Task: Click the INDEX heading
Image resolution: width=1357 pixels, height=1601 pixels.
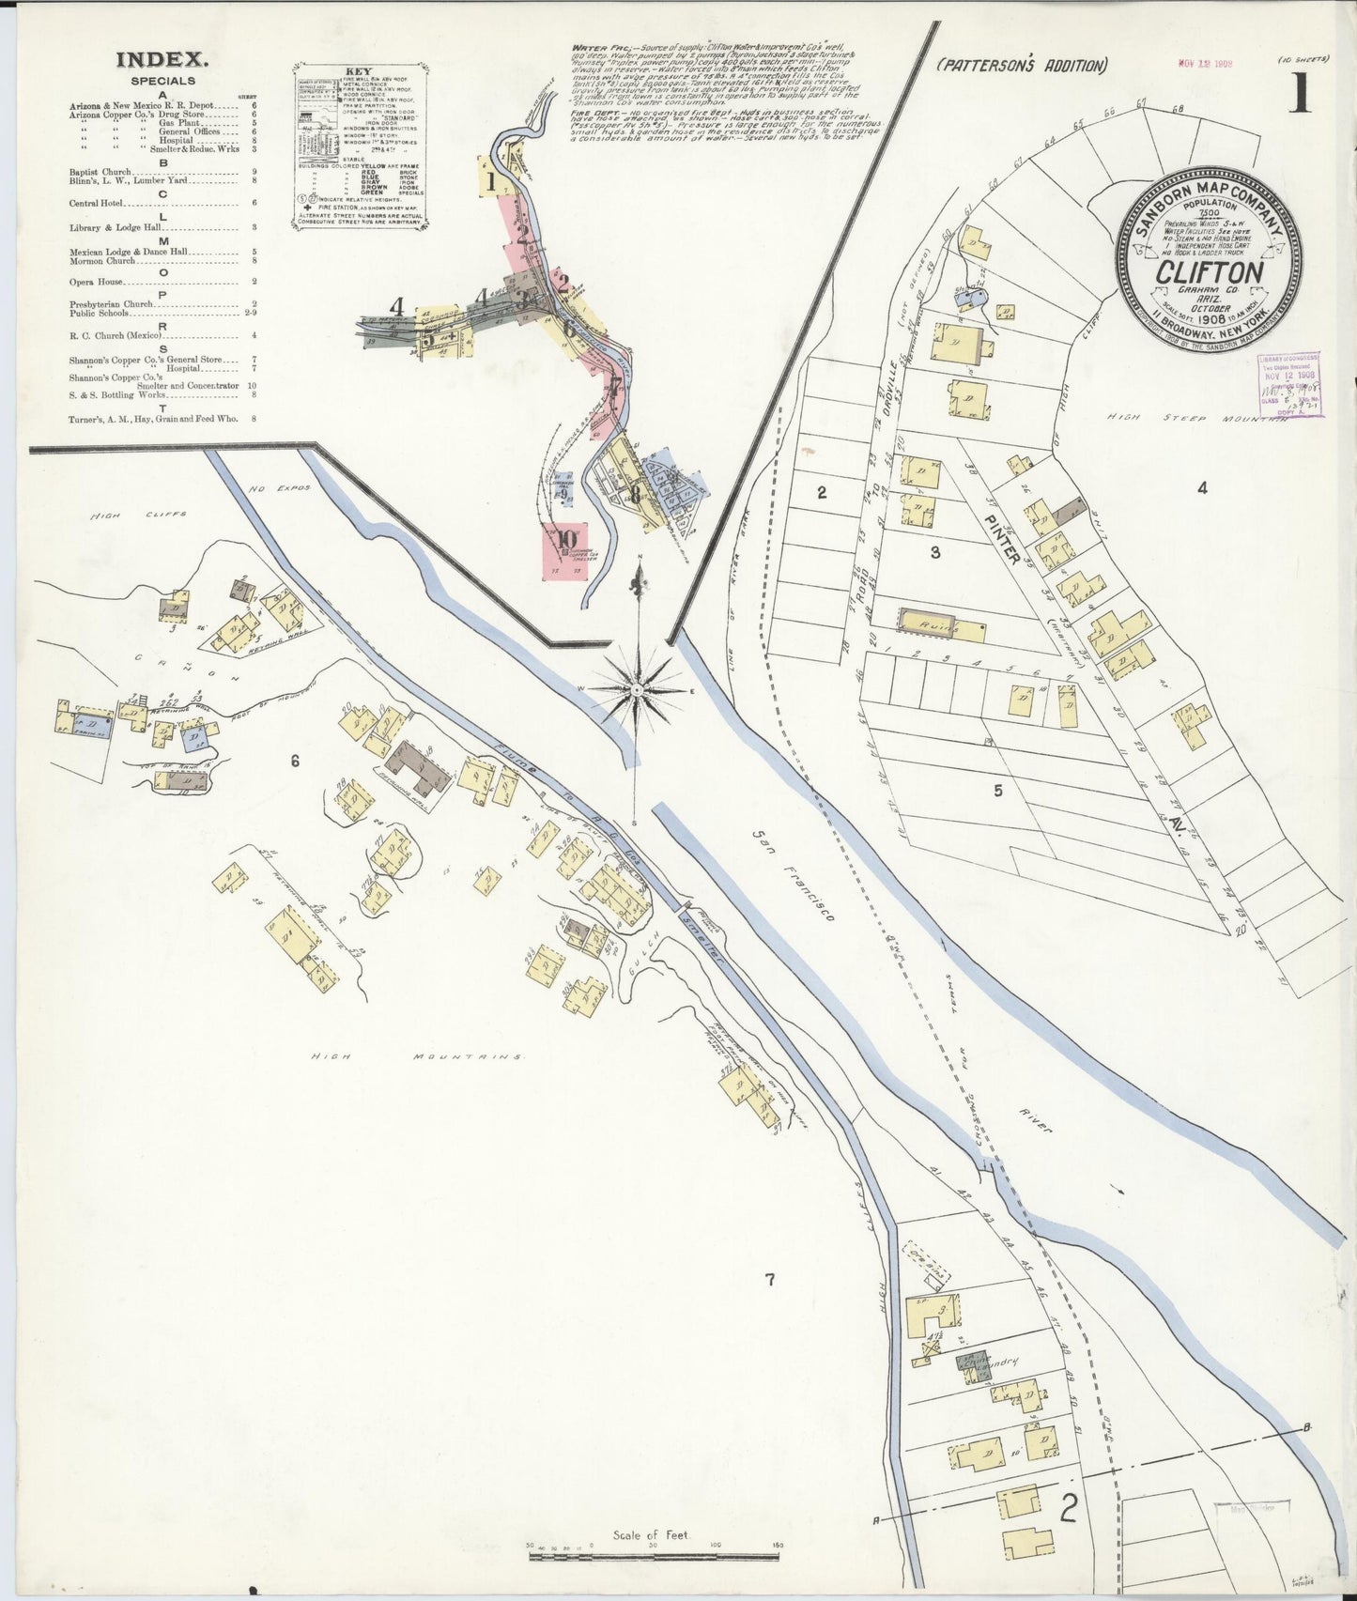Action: pyautogui.click(x=161, y=60)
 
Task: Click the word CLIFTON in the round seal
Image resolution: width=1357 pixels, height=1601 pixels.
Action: pyautogui.click(x=1208, y=272)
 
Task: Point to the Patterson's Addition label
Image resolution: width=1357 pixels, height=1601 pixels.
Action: pyautogui.click(x=1022, y=65)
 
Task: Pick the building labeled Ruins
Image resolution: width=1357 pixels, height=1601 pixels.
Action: pyautogui.click(x=940, y=623)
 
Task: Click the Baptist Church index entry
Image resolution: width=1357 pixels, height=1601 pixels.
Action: pyautogui.click(x=100, y=173)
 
